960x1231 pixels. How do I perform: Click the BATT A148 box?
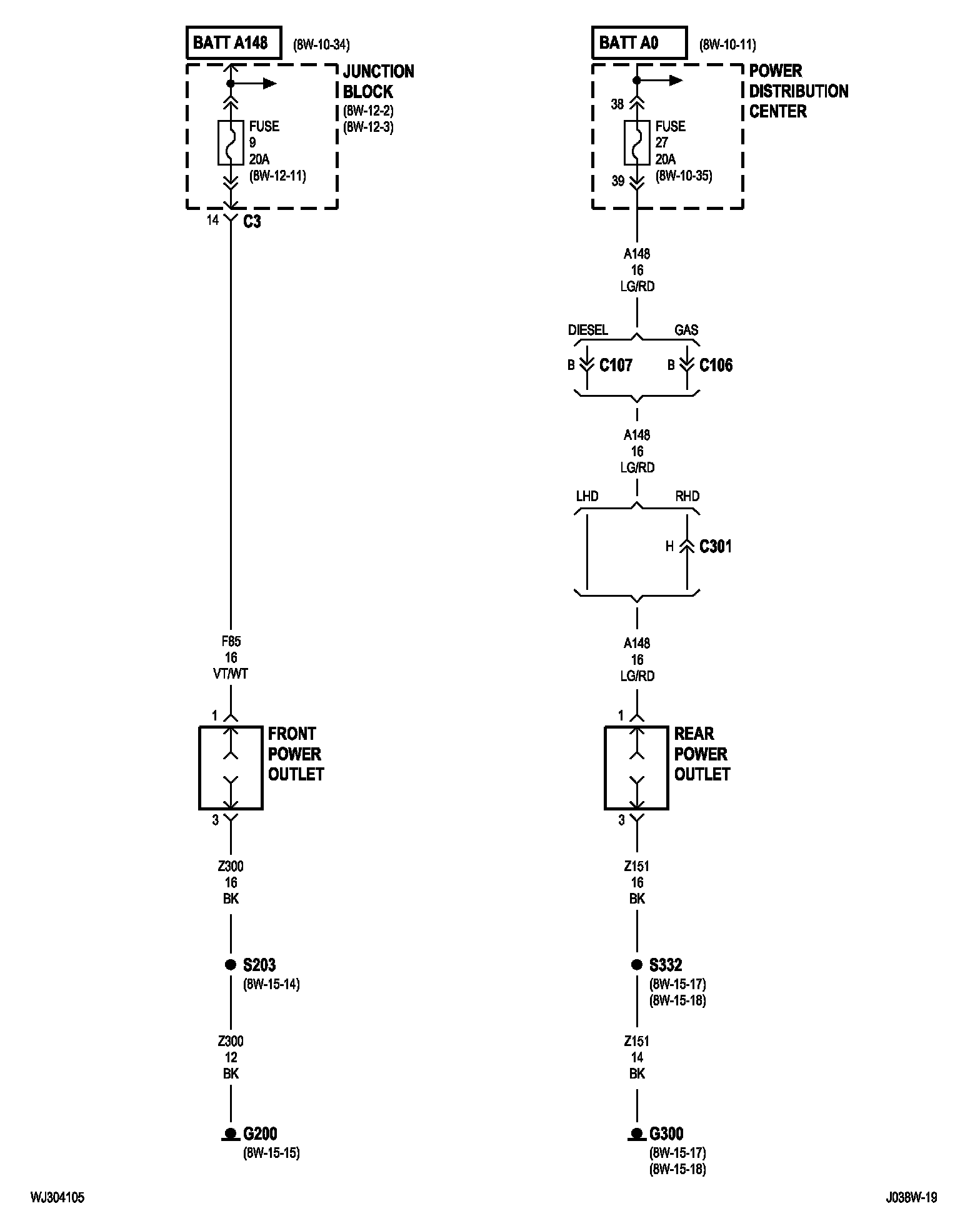tap(233, 42)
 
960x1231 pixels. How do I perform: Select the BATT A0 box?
tap(639, 42)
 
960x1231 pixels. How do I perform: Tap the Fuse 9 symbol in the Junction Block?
tap(231, 143)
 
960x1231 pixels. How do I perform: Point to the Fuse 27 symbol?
tap(637, 143)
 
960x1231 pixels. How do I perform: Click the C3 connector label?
tap(252, 221)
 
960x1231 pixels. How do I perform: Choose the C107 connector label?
tap(616, 365)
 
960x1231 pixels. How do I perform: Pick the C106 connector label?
tap(716, 365)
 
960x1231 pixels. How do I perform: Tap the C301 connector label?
tap(716, 547)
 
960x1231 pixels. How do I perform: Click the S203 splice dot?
tap(231, 965)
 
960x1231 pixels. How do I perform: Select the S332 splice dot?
tap(637, 965)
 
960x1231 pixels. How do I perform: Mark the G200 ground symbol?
tap(231, 1134)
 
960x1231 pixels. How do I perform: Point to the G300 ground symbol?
tap(637, 1134)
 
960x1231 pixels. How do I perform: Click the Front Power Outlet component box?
tap(199, 768)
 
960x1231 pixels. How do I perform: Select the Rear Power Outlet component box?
tap(606, 768)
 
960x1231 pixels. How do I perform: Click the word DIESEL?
tap(588, 330)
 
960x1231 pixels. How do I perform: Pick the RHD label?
tap(687, 496)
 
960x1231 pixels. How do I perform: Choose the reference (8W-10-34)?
tap(321, 45)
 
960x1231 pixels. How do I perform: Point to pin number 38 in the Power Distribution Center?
tap(617, 104)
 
